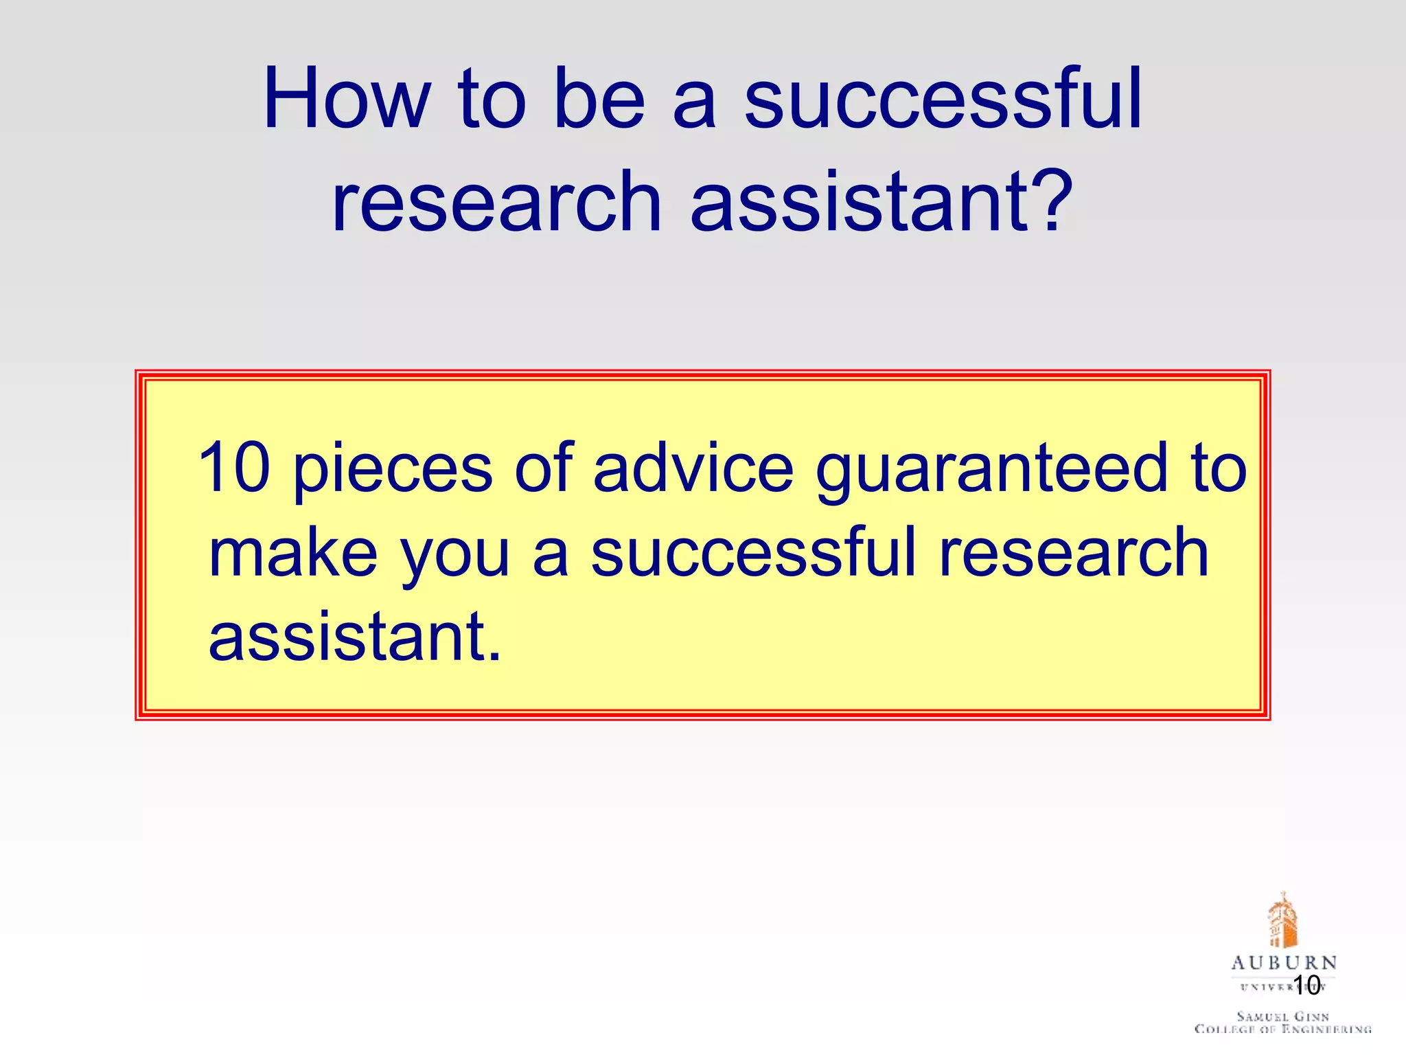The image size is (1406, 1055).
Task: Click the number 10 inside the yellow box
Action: pyautogui.click(x=234, y=468)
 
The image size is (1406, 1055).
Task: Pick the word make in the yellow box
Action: pyautogui.click(x=293, y=553)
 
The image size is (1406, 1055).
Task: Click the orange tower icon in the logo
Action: pyautogui.click(x=1282, y=920)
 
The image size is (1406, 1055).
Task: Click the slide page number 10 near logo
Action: pyautogui.click(x=1306, y=985)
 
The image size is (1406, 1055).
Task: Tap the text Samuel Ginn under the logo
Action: pyautogui.click(x=1282, y=1016)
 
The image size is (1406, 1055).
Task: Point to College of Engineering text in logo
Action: pyautogui.click(x=1282, y=1029)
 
